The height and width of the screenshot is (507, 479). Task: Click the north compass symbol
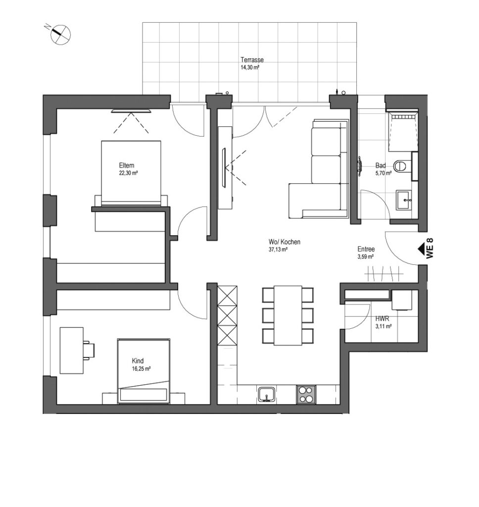coord(60,35)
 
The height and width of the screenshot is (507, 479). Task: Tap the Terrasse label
coord(252,60)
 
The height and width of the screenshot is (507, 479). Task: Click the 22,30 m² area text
coord(128,173)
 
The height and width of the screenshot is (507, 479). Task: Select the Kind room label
coord(138,361)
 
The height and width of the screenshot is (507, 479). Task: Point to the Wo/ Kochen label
coord(285,242)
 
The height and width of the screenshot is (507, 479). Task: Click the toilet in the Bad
coord(400,166)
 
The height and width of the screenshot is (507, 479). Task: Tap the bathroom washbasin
coord(404,200)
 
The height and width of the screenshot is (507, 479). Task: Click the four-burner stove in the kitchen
coord(306,394)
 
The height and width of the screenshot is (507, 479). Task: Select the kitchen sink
coord(267,394)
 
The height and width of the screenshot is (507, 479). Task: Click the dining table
coord(288,315)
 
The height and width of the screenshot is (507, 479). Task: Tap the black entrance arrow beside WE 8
coord(422,249)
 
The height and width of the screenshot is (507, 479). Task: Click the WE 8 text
coord(430,249)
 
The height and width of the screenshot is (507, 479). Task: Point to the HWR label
coord(382,319)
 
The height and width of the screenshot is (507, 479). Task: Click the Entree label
coord(366,249)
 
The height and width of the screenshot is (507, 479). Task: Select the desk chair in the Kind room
coord(89,350)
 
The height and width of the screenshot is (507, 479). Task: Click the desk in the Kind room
coord(71,351)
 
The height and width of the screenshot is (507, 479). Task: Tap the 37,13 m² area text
coord(278,250)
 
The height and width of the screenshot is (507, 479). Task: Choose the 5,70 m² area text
coord(383,173)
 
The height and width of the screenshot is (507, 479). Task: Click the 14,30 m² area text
coord(250,67)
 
